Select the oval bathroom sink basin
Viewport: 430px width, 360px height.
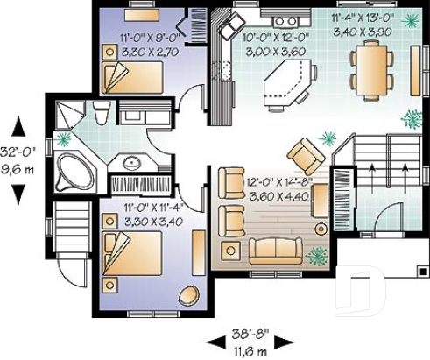click(132, 163)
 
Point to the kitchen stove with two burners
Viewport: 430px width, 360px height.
click(284, 20)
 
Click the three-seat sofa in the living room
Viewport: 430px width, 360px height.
click(274, 250)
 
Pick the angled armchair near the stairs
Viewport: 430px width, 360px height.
click(306, 155)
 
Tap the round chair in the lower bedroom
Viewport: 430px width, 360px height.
click(188, 295)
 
